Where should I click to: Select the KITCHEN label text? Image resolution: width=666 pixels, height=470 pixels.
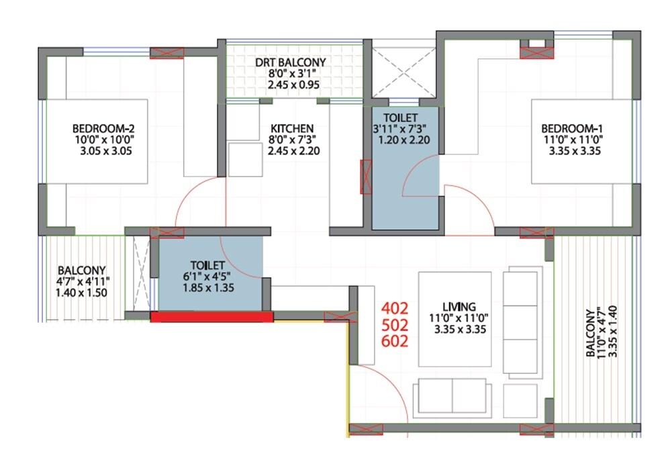pyautogui.click(x=291, y=128)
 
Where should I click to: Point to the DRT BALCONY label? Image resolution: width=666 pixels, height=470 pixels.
pyautogui.click(x=290, y=62)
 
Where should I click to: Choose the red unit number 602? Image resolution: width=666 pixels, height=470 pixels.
pyautogui.click(x=395, y=340)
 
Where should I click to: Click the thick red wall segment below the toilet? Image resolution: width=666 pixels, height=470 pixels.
pyautogui.click(x=211, y=317)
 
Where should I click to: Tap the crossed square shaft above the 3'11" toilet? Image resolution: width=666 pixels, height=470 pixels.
pyautogui.click(x=401, y=72)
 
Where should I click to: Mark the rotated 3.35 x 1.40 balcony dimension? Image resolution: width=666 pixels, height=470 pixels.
pyautogui.click(x=602, y=333)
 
